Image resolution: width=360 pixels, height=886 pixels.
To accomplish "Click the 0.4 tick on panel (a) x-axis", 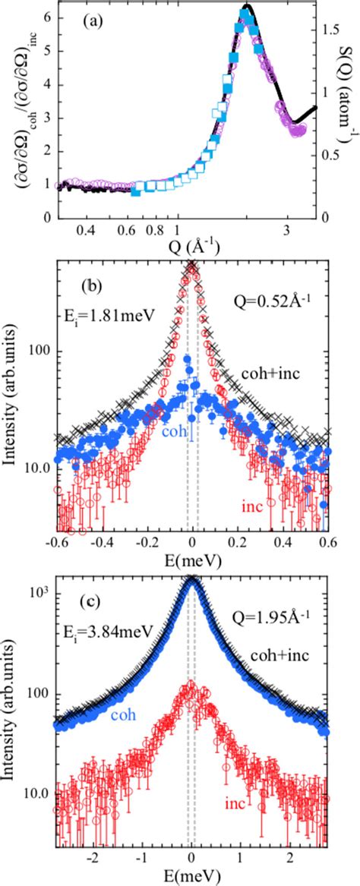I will (86, 229).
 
